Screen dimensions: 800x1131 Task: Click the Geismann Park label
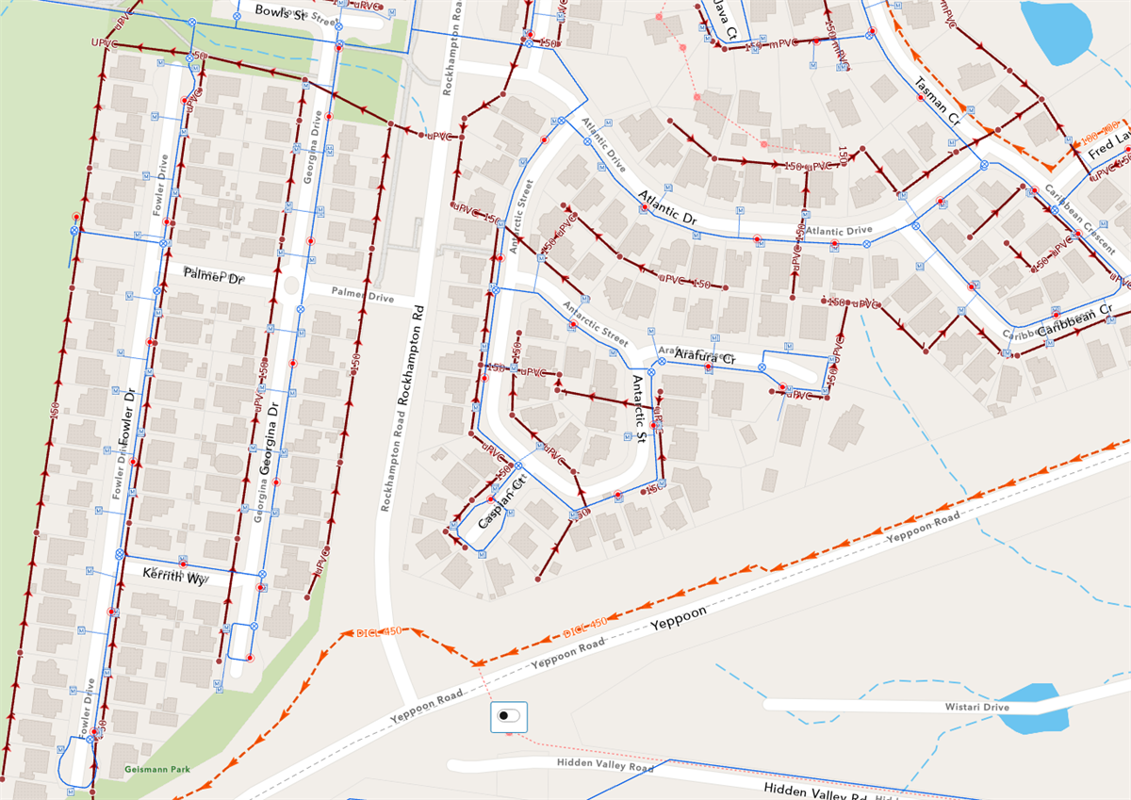(x=156, y=769)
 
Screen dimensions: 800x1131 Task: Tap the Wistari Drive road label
(x=976, y=707)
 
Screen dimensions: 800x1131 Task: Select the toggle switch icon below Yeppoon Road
(x=509, y=716)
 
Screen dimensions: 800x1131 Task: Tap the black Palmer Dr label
(x=213, y=276)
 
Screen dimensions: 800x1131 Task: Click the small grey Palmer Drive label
(x=362, y=297)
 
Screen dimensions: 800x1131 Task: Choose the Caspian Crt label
(x=500, y=508)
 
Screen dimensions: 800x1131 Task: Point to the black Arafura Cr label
(x=703, y=358)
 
